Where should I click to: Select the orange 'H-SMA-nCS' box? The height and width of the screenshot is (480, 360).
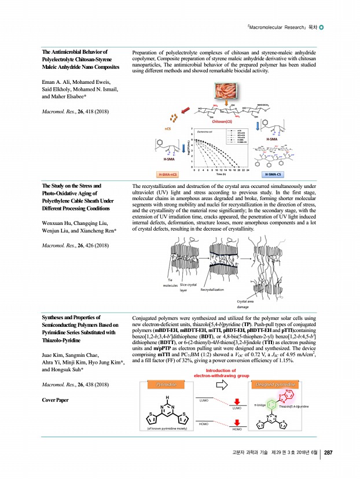[x=168, y=173]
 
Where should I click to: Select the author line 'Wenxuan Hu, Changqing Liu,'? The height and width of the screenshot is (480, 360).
[x=75, y=223]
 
